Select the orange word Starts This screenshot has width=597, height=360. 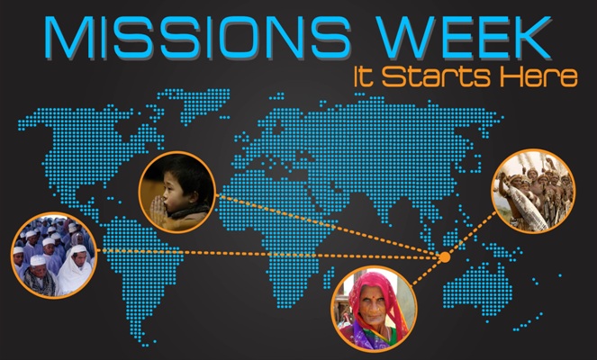436,76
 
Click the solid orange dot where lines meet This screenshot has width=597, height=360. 444,257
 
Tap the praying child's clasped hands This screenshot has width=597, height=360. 158,211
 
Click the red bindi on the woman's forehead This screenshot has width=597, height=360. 375,295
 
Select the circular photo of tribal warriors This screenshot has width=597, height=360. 533,191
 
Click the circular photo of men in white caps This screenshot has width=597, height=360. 53,255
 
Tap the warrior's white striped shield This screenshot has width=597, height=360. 528,207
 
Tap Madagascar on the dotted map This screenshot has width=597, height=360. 328,277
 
